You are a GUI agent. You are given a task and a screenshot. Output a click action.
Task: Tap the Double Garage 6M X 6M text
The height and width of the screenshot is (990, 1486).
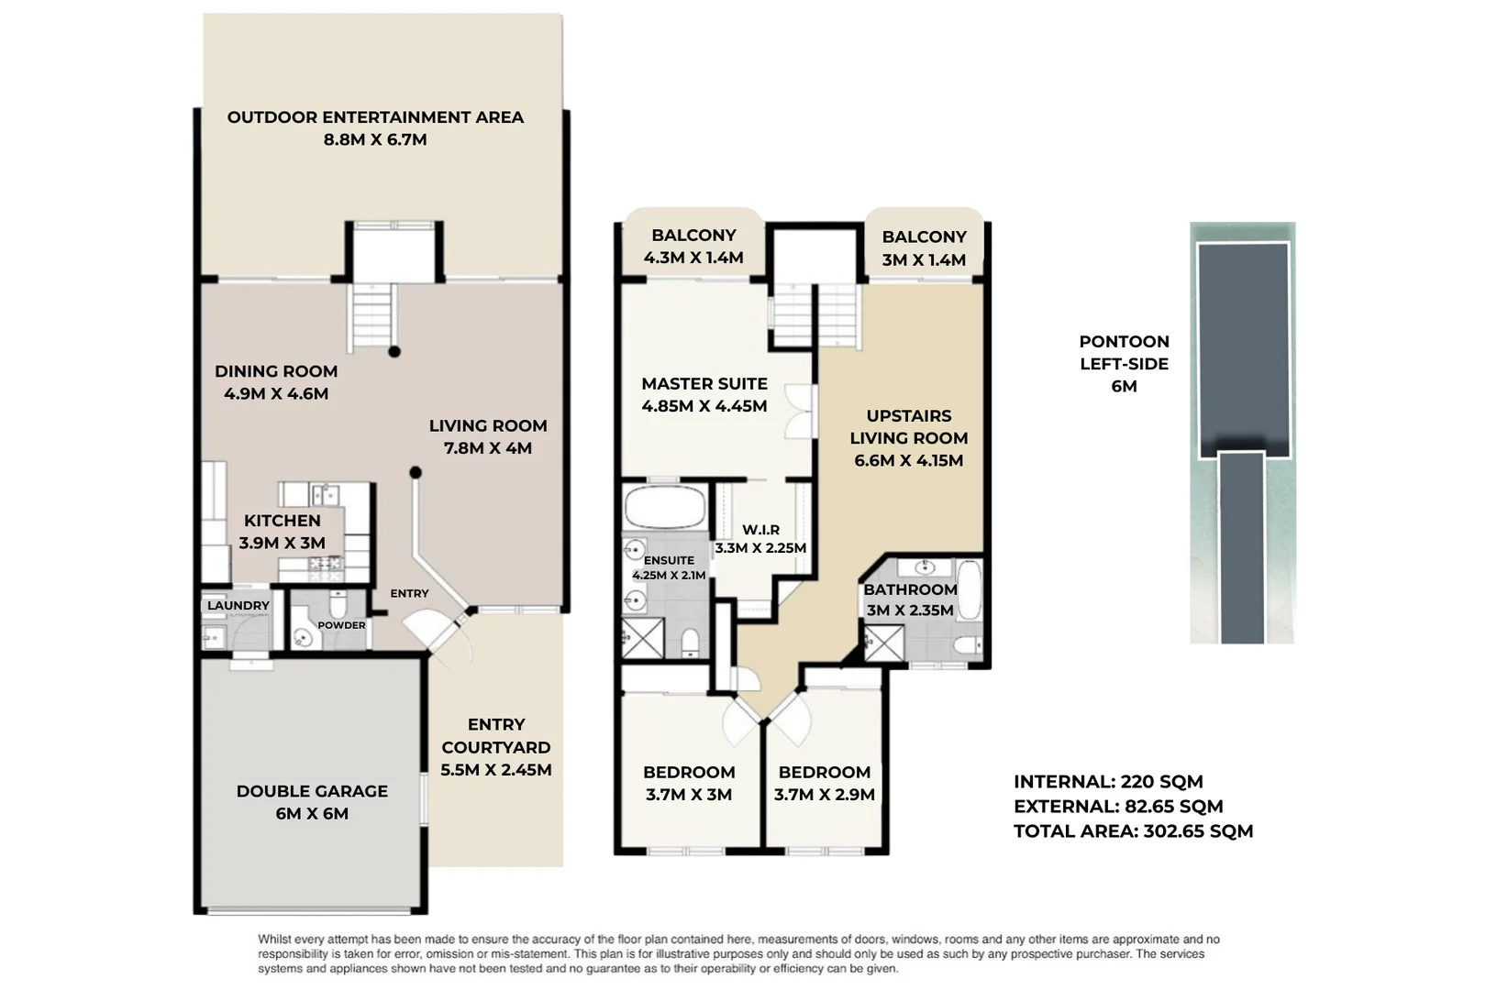pos(312,802)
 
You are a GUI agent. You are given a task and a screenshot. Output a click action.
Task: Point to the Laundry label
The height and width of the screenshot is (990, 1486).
pos(238,606)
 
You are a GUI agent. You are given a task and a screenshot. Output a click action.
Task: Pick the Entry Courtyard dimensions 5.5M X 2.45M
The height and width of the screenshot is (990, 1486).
pos(496,770)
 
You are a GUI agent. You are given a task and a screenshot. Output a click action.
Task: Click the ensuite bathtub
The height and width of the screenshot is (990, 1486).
pos(665,507)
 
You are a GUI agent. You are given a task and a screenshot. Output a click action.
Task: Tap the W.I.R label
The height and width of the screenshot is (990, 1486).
pos(760,530)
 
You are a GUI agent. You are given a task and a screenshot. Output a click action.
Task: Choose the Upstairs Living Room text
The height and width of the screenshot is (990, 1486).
pos(909,427)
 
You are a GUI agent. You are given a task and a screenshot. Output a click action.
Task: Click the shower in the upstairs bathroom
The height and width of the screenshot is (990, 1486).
pos(883,642)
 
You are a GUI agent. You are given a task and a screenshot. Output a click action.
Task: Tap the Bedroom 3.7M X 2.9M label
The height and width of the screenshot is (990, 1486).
pos(824,783)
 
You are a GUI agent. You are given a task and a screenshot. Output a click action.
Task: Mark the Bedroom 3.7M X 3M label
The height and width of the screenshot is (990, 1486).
pos(688,783)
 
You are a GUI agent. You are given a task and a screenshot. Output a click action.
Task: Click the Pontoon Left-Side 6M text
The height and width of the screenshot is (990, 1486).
pos(1124,363)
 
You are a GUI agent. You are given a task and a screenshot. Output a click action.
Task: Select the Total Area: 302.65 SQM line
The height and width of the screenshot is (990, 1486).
pos(1133,831)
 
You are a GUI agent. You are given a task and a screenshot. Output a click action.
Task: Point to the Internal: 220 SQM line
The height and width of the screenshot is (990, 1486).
pos(1108,782)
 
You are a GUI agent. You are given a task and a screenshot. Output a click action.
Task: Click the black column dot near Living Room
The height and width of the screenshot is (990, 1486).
pos(416,473)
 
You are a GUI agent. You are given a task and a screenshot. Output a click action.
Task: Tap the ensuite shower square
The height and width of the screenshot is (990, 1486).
pos(643,637)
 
